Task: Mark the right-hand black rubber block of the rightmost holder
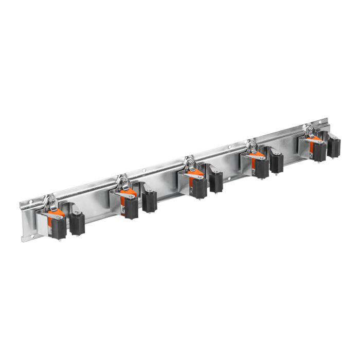[x=335, y=146]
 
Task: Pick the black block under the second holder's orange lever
[x=131, y=207]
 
